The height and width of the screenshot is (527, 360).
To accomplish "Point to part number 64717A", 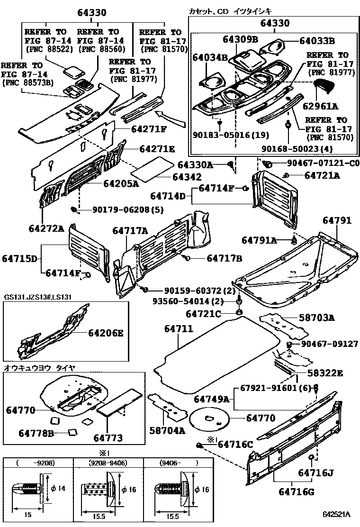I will pyautogui.click(x=130, y=231).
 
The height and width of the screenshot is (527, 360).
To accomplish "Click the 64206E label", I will pyautogui.click(x=105, y=333).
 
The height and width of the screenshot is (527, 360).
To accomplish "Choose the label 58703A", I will pyautogui.click(x=316, y=318).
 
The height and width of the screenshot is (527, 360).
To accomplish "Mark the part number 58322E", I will pyautogui.click(x=324, y=373).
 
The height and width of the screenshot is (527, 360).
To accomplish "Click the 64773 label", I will pyautogui.click(x=108, y=437).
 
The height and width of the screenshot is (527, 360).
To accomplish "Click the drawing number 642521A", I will pyautogui.click(x=336, y=514).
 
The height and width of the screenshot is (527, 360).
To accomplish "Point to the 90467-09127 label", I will pyautogui.click(x=329, y=344).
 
